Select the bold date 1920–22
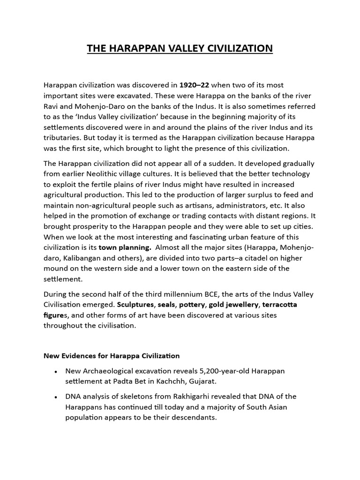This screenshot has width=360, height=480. [194, 85]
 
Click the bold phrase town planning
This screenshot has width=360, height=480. [125, 247]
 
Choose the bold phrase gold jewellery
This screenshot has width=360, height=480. [228, 305]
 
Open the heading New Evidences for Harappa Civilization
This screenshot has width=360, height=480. [112, 355]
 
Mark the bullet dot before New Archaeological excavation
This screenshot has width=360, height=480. [56, 371]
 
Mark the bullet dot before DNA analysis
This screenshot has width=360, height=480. [56, 397]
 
